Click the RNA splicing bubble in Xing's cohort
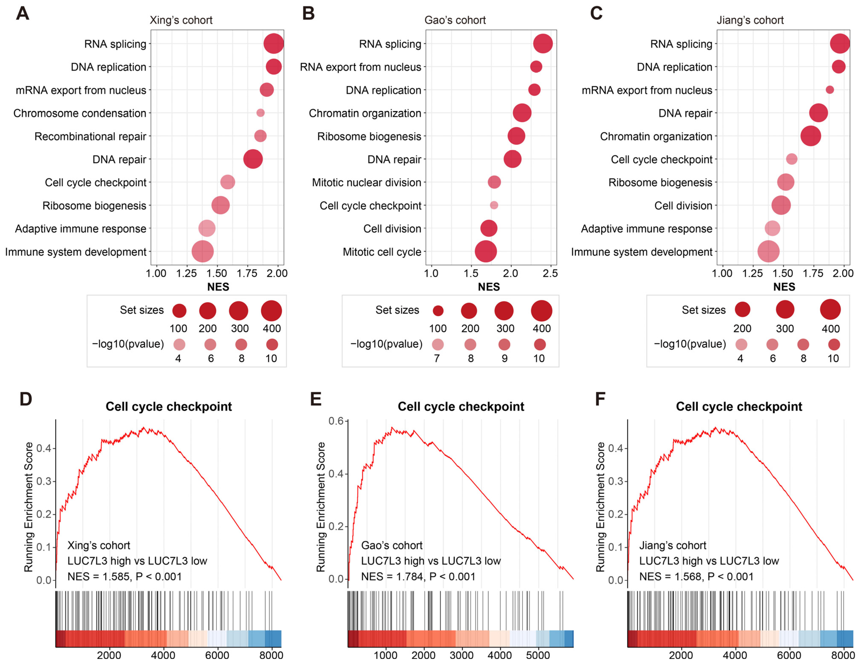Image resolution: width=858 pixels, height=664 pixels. (x=273, y=44)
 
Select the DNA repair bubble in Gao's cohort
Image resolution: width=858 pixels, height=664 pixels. (x=512, y=159)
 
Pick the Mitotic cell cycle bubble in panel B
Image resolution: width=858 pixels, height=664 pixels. (x=486, y=252)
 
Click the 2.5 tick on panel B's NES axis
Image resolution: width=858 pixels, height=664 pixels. (x=550, y=273)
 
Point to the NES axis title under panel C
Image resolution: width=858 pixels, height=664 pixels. (x=784, y=287)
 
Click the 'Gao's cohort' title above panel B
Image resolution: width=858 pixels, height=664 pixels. (x=455, y=20)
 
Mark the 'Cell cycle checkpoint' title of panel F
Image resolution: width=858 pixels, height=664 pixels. (x=739, y=406)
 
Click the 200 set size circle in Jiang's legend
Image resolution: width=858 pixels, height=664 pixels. (x=742, y=309)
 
